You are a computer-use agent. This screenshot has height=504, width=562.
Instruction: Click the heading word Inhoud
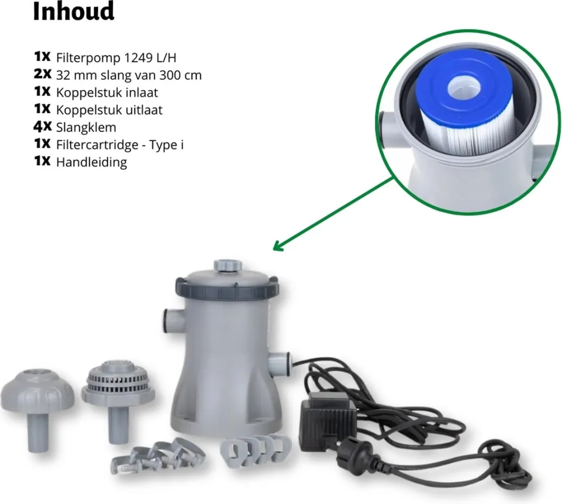pyautogui.click(x=73, y=11)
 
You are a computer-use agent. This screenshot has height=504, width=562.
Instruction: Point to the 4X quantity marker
pyautogui.click(x=42, y=127)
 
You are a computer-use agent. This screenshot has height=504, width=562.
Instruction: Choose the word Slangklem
pyautogui.click(x=86, y=128)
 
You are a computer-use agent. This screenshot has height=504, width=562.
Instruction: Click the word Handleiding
pyautogui.click(x=92, y=162)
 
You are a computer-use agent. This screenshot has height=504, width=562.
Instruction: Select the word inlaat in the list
pyautogui.click(x=142, y=93)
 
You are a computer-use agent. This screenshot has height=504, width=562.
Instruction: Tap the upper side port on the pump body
pyautogui.click(x=174, y=320)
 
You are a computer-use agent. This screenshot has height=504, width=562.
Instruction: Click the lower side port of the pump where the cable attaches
pyautogui.click(x=279, y=363)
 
